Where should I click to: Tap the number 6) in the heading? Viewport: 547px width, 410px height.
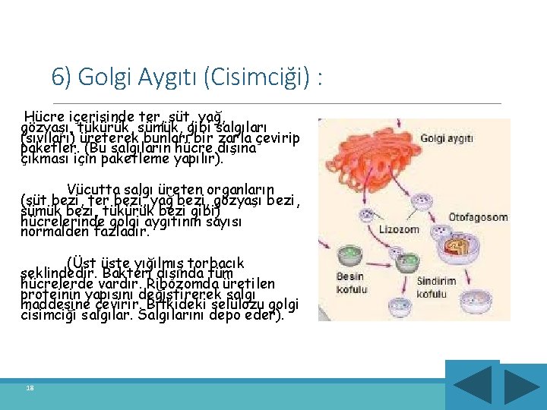tap(62, 77)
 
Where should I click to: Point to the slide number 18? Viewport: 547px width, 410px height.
tap(30, 388)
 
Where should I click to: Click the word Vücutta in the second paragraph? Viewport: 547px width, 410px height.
tap(90, 189)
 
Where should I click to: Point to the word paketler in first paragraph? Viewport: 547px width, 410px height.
tap(47, 150)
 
